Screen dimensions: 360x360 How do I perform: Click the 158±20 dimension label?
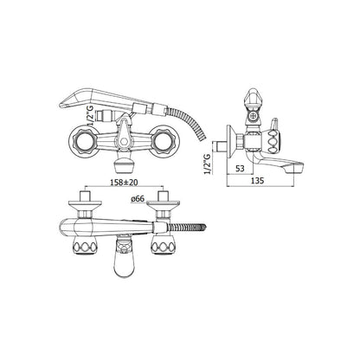pyautogui.click(x=125, y=183)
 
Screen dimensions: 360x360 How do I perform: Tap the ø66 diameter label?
pyautogui.click(x=138, y=198)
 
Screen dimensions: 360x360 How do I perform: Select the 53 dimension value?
pyautogui.click(x=240, y=169)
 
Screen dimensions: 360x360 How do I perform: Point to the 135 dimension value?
pyautogui.click(x=258, y=181)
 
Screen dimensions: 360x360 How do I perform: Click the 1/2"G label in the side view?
pyautogui.click(x=207, y=164)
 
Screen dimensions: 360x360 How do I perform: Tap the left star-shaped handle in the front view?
pyautogui.click(x=83, y=140)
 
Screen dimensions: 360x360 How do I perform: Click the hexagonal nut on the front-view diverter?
pyautogui.click(x=125, y=142)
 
